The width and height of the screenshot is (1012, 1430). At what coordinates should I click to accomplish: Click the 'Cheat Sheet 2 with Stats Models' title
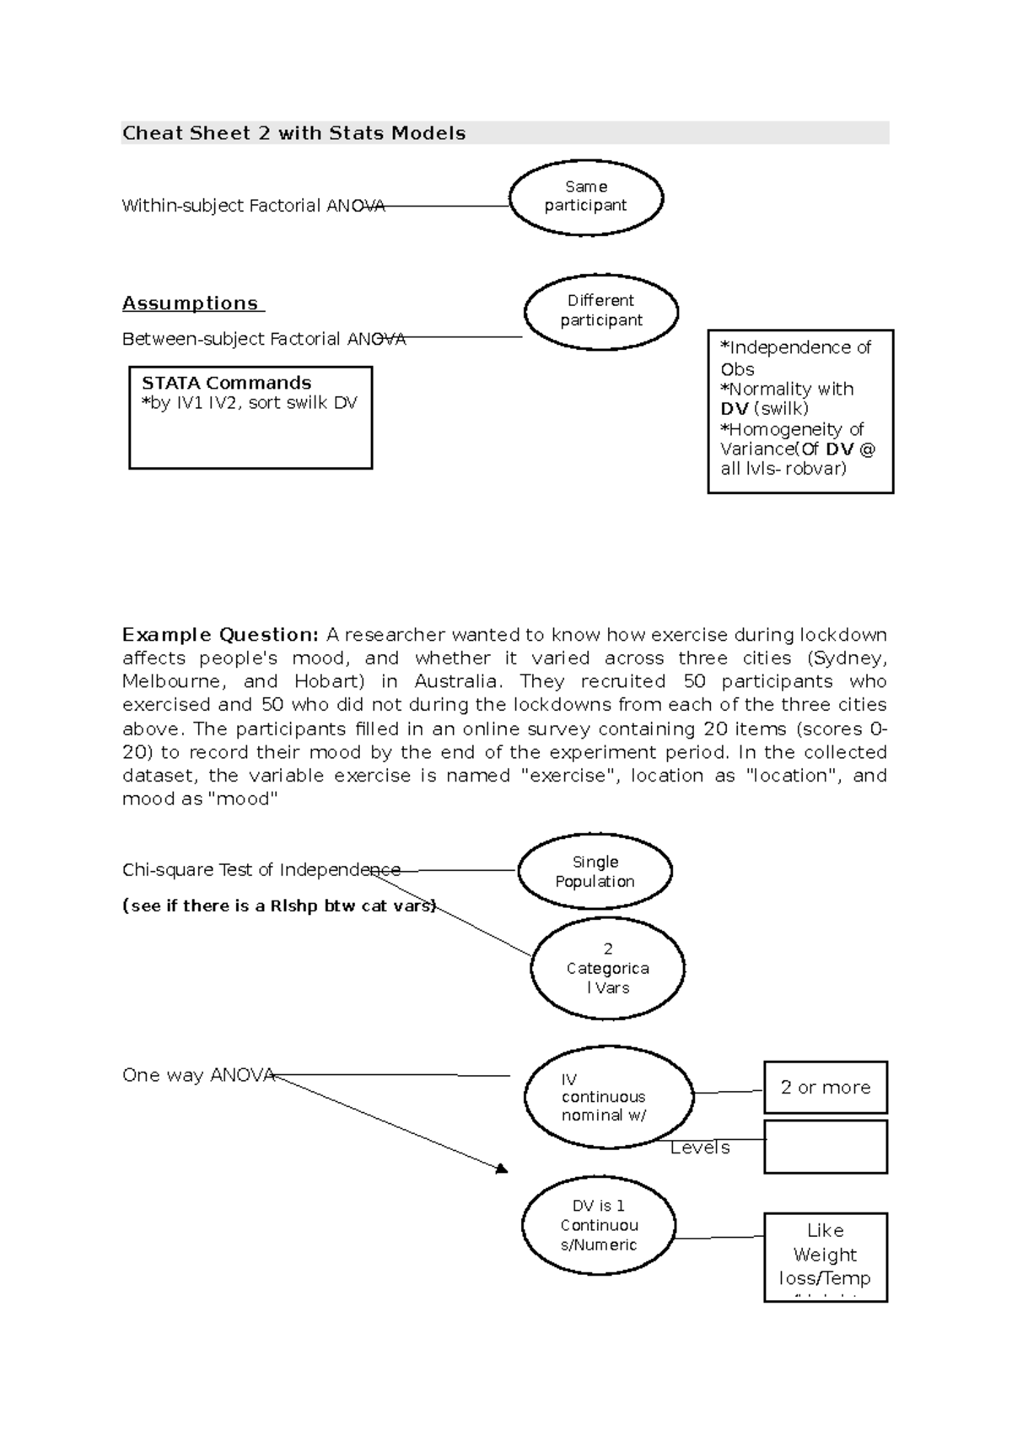coord(293,133)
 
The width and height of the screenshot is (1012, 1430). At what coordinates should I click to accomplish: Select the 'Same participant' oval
coord(586,196)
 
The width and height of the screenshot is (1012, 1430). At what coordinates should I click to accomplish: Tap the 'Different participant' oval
coord(600,310)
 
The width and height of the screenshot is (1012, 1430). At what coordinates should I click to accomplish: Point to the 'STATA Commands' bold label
coord(226,383)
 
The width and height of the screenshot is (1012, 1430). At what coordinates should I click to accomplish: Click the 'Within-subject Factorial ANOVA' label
coord(253,206)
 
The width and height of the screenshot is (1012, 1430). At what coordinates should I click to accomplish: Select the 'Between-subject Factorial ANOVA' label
coord(263,339)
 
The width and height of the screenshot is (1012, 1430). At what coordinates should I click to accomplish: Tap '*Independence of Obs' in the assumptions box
coord(794,357)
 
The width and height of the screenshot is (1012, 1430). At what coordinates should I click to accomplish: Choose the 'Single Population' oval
coord(595,872)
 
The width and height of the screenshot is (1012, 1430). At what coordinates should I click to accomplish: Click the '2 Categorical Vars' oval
coord(607,968)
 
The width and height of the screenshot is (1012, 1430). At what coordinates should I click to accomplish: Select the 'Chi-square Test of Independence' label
coord(261,870)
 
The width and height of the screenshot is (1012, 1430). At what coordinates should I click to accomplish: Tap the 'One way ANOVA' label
coord(198,1075)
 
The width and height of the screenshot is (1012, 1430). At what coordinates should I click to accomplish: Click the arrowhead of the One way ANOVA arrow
coord(503,1169)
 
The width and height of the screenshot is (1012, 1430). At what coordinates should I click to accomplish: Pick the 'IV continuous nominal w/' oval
coord(607,1097)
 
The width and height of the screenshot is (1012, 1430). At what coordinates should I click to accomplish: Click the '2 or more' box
coord(825,1088)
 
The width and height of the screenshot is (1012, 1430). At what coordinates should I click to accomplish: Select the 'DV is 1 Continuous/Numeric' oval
coord(599,1225)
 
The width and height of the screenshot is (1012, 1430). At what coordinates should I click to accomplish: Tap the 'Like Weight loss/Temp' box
coord(825,1255)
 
